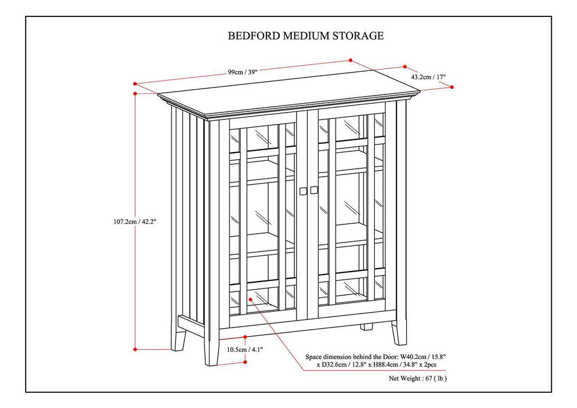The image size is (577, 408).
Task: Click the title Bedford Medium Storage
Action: pos(305,36)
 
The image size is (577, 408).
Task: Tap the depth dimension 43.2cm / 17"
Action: pos(428,76)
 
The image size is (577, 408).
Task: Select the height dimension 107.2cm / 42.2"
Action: pos(135,221)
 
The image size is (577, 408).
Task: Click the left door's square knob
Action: pos(302,191)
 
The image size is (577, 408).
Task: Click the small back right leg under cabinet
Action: pos(366,326)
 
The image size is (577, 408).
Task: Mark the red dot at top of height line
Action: pos(135,93)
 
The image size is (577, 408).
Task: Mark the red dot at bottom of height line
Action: pos(135,349)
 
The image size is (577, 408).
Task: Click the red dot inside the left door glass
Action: pos(250,298)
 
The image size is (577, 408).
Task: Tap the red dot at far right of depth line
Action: pos(452,87)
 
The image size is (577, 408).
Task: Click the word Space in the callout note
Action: pos(316,356)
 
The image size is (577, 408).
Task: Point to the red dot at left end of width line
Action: pos(135,83)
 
